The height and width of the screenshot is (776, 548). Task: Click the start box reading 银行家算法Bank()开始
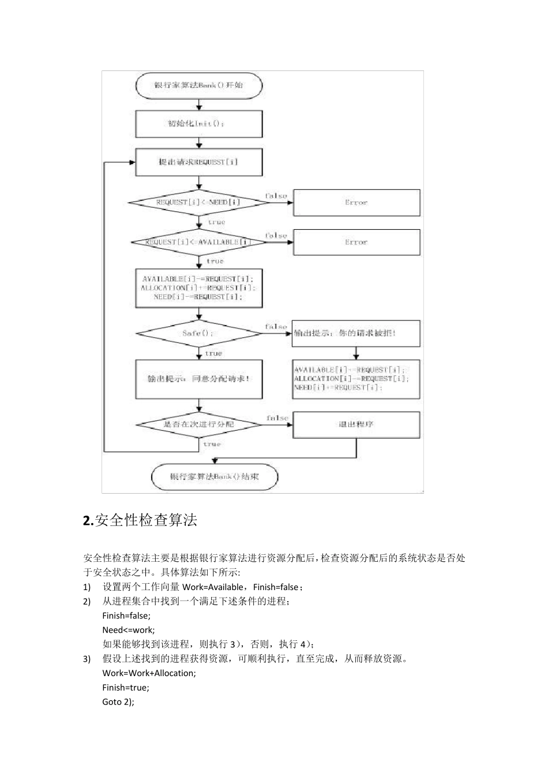point(199,85)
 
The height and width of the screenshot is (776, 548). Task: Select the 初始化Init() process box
point(199,124)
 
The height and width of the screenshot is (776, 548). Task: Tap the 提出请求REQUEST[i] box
point(199,162)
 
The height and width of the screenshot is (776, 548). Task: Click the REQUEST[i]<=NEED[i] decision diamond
point(199,203)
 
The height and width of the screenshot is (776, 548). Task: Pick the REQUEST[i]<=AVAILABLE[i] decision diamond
point(199,242)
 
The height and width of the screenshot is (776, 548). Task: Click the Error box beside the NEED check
point(356,203)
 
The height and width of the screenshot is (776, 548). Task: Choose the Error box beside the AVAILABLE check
point(356,242)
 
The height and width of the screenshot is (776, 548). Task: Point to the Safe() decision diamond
point(199,333)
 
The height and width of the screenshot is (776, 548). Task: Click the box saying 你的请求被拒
point(356,333)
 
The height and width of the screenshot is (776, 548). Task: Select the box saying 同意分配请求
point(199,379)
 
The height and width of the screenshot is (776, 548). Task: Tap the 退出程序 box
point(356,425)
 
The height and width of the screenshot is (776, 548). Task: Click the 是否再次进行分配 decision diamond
point(199,425)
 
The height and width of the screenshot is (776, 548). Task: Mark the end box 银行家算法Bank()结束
point(215,477)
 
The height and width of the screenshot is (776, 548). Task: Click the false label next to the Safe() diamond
point(276,327)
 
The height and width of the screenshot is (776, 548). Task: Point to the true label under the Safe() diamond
point(213,353)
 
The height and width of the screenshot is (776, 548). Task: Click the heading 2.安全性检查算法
point(140,520)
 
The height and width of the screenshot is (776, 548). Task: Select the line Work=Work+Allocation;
point(149,673)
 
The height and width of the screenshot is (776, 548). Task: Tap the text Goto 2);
point(118,702)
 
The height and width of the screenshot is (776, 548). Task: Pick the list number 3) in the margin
point(87,659)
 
